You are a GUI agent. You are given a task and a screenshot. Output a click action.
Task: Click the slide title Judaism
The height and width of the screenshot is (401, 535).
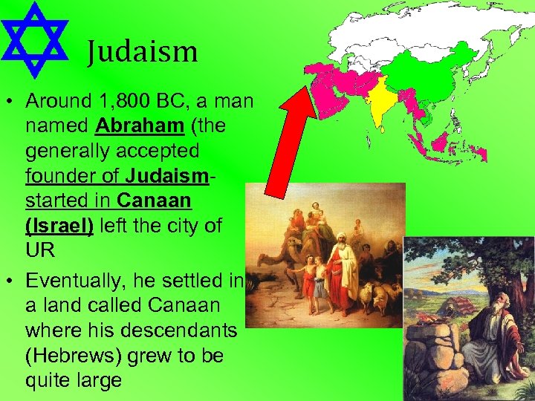tap(141, 52)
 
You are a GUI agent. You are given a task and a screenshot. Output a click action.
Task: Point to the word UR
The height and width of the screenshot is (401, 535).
tap(40, 250)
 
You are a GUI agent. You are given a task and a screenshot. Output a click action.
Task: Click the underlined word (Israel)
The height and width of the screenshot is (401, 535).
tap(59, 225)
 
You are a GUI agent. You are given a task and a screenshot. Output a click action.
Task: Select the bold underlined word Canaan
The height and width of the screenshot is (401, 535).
tap(155, 200)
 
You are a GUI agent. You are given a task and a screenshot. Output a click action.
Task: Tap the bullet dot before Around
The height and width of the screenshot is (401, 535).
tap(10, 100)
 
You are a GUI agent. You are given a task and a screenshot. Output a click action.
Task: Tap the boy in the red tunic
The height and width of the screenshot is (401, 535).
tap(308, 286)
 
